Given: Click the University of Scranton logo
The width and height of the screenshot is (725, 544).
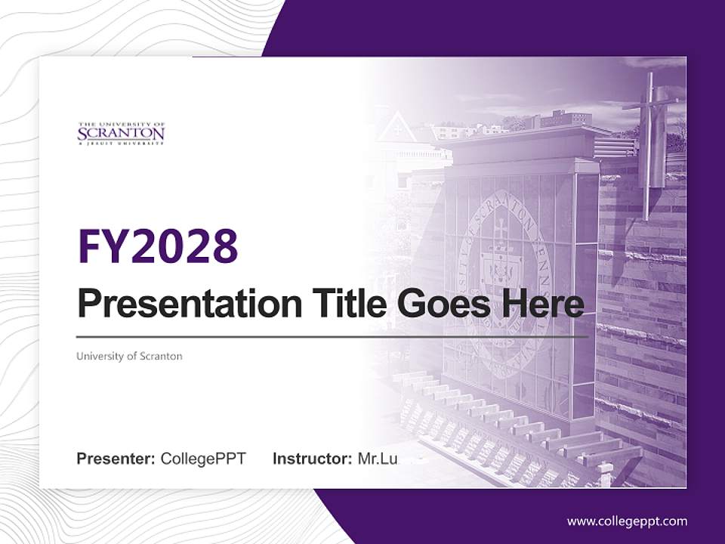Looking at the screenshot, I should [121, 133].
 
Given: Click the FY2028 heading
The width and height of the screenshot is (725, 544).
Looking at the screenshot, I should [158, 246].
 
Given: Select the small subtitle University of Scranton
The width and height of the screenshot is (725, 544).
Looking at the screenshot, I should [129, 356].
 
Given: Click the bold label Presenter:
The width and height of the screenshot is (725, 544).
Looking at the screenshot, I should [116, 459].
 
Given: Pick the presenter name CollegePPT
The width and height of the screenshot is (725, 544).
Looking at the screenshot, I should [203, 459].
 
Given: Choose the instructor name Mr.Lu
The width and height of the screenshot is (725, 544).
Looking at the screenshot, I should [378, 459].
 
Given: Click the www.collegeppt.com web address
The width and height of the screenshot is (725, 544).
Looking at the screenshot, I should [627, 521].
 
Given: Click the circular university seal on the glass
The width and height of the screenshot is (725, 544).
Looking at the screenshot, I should [501, 280].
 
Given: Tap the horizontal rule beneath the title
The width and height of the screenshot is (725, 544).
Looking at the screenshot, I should [332, 336].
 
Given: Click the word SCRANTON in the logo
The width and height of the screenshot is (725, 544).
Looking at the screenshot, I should [121, 134].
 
